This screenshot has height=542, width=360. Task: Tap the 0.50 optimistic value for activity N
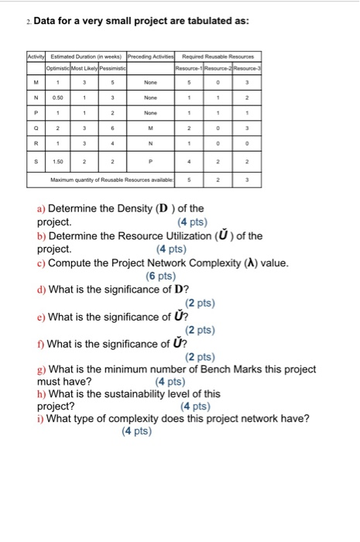59,98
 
